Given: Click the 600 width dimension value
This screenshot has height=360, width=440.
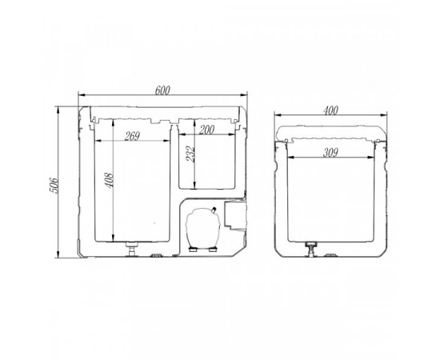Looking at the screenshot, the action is [162, 90].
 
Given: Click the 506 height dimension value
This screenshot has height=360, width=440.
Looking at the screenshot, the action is [54, 185].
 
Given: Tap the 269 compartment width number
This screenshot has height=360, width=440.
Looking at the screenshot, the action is [132, 136].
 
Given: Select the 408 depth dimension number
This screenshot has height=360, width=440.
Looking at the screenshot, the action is [109, 181].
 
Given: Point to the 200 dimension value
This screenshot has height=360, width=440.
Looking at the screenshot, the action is [206, 130].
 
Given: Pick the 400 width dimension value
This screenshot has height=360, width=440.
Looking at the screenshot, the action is [330, 110].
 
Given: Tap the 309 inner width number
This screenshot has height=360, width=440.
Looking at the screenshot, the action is [330, 153].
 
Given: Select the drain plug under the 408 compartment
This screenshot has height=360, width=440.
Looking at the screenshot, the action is [132, 249].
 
